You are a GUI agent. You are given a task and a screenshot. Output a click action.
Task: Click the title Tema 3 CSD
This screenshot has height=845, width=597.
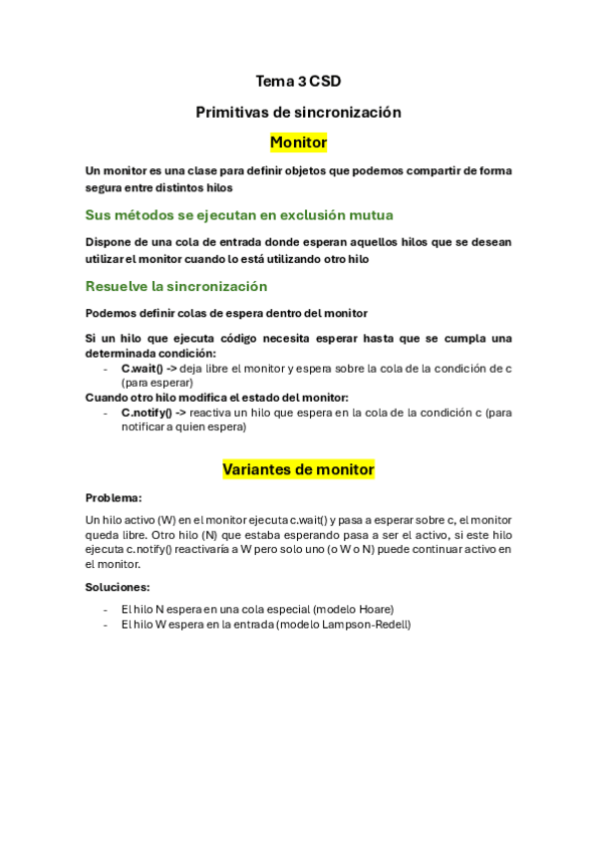coord(298,82)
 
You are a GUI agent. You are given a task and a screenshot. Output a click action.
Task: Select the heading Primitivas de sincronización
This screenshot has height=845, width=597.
coord(298,113)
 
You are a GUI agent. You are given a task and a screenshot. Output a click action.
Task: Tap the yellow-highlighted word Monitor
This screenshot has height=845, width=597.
coord(298,142)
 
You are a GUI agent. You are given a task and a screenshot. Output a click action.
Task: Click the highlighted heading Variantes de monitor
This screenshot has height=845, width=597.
coord(298,468)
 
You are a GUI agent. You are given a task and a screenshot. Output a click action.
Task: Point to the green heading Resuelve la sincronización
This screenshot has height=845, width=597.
coord(175,286)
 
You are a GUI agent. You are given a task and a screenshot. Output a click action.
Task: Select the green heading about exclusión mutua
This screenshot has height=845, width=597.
coord(238,214)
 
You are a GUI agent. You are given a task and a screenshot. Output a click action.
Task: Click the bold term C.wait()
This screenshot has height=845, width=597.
coord(142,368)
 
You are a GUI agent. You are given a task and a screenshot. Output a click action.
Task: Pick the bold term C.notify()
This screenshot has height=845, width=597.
coord(147,412)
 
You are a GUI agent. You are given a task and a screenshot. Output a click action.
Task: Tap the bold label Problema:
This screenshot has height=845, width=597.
coord(114,497)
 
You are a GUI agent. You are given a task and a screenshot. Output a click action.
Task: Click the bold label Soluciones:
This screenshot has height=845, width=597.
coord(118,587)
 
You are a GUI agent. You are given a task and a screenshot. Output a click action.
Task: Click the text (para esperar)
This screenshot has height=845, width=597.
coord(156,382)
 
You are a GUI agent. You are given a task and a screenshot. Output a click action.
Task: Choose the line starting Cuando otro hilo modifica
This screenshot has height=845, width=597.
coord(216,397)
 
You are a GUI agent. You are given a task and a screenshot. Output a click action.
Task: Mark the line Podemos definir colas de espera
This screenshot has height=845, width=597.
coord(226,313)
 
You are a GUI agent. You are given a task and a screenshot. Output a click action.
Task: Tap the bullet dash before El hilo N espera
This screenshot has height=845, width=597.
coord(106,609)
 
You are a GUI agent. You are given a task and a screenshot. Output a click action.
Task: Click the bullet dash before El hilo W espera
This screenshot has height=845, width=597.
coord(106,625)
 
